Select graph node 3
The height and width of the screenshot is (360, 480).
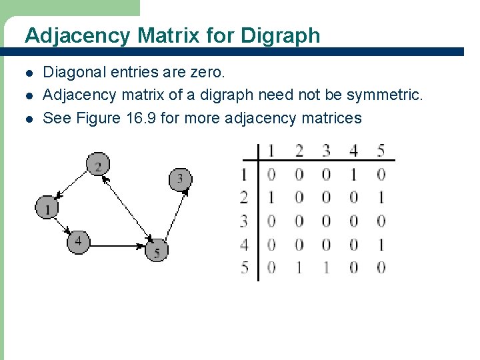[180, 179]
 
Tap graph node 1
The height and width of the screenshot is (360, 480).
[47, 208]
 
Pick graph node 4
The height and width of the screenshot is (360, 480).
[78, 241]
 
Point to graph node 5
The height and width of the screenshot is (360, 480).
[157, 251]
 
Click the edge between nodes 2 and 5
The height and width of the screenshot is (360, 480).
[127, 207]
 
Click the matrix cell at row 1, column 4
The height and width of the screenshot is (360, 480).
[353, 175]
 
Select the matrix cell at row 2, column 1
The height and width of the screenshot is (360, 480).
[271, 198]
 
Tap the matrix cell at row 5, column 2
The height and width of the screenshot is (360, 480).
[299, 268]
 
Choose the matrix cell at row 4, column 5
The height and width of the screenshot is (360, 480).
[381, 245]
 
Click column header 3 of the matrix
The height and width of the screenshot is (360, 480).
[326, 150]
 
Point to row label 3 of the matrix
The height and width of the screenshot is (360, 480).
[245, 221]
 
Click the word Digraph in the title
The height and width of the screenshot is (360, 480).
[281, 35]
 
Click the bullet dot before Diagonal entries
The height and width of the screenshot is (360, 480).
[28, 72]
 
